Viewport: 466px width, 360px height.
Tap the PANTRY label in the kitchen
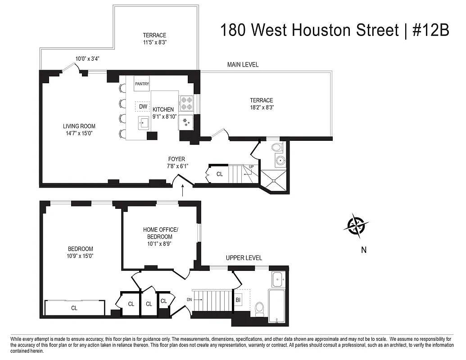pyautogui.click(x=142, y=84)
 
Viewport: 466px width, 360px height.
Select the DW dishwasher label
pyautogui.click(x=143, y=107)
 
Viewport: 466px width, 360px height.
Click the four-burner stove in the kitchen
pyautogui.click(x=186, y=103)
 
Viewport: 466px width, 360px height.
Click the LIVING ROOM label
pyautogui.click(x=79, y=126)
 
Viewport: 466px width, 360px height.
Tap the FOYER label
pyautogui.click(x=176, y=159)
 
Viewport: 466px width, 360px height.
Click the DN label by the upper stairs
pyautogui.click(x=190, y=299)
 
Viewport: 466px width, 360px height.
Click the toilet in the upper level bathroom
pyautogui.click(x=260, y=308)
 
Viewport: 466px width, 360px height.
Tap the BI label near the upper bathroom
pyautogui.click(x=238, y=299)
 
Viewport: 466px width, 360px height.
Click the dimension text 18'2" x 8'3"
pyautogui.click(x=262, y=108)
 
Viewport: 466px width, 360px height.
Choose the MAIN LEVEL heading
pyautogui.click(x=243, y=65)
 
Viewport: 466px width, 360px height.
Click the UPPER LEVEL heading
pyautogui.click(x=244, y=258)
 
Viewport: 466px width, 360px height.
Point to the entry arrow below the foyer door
pyautogui.click(x=183, y=191)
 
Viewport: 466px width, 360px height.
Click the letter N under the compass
pyautogui.click(x=363, y=251)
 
